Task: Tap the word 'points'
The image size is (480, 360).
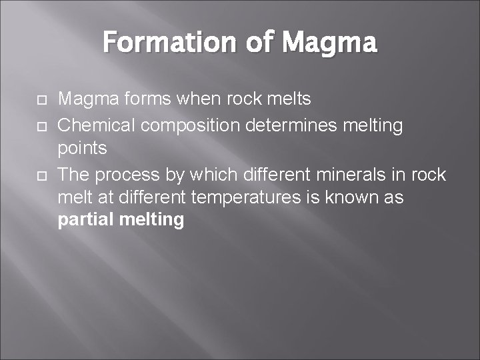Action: coord(83,149)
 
